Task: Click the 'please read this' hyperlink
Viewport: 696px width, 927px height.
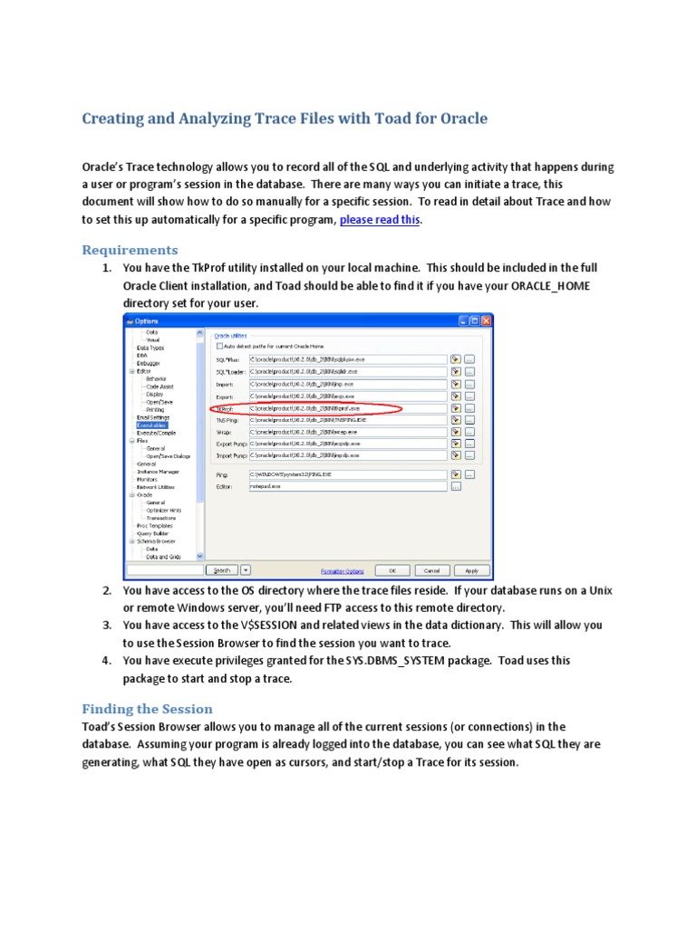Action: [380, 219]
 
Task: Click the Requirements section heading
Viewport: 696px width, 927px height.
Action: [130, 249]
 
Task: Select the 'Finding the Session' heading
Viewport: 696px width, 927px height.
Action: [147, 709]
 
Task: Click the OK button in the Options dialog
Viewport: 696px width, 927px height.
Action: [392, 570]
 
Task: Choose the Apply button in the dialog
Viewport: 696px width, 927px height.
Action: [471, 570]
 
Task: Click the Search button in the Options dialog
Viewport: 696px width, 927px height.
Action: [221, 570]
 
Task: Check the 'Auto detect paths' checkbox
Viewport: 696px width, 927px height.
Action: [219, 345]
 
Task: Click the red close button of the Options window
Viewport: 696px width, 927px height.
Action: [486, 320]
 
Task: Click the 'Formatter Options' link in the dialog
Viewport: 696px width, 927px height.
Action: [342, 571]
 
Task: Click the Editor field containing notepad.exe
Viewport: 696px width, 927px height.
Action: [348, 486]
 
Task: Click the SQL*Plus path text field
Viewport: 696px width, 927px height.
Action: [348, 359]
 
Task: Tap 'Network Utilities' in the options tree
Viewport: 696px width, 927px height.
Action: [155, 487]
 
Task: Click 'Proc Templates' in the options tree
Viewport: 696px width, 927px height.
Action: [154, 525]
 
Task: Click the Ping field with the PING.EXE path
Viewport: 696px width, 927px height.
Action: [348, 473]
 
